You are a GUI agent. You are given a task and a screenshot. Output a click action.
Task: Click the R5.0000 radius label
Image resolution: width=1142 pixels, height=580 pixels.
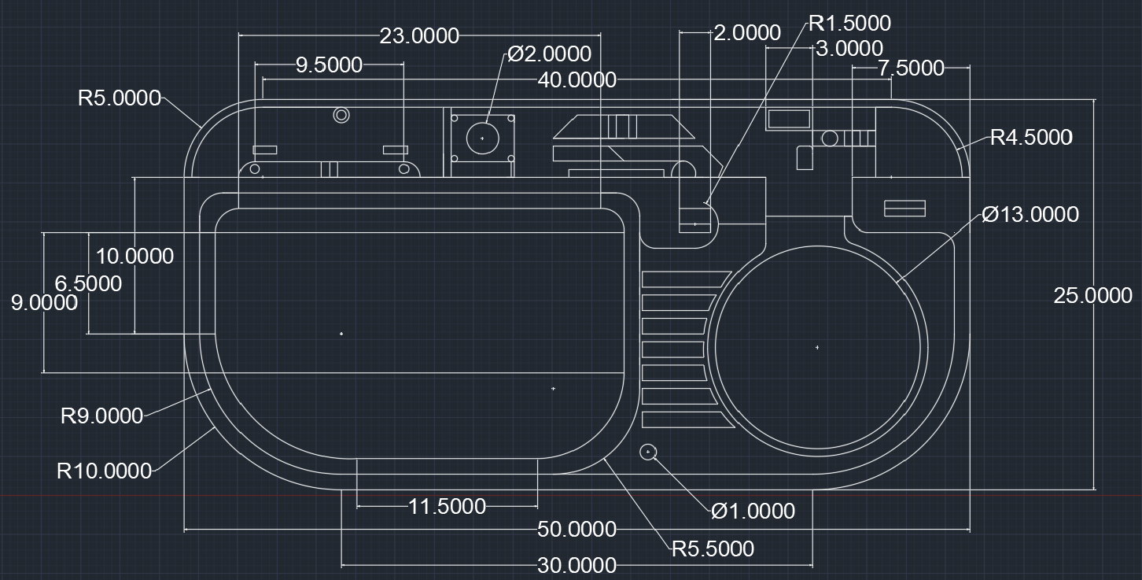pyautogui.click(x=119, y=98)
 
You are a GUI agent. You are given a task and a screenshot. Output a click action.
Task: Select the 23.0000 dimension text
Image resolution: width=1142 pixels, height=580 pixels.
pyautogui.click(x=418, y=35)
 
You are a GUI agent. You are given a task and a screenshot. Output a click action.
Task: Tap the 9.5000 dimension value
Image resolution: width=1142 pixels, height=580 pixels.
pyautogui.click(x=329, y=65)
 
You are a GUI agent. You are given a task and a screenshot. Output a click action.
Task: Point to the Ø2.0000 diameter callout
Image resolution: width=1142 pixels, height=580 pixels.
pyautogui.click(x=549, y=54)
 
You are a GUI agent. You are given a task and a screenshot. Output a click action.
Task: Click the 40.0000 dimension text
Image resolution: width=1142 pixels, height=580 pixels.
pyautogui.click(x=577, y=79)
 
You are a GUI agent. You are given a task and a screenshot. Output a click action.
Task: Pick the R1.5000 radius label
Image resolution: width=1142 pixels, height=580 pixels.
pyautogui.click(x=849, y=24)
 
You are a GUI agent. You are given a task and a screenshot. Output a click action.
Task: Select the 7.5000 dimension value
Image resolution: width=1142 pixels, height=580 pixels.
pyautogui.click(x=911, y=68)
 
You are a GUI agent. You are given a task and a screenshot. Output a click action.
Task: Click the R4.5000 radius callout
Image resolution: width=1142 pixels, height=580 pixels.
pyautogui.click(x=1030, y=138)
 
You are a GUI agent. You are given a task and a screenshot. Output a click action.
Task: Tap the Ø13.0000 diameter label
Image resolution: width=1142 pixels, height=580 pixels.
pyautogui.click(x=1030, y=214)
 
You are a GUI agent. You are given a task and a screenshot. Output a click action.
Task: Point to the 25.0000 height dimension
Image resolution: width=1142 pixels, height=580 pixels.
pyautogui.click(x=1092, y=295)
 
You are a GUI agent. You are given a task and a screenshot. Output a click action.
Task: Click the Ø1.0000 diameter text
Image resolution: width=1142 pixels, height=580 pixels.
pyautogui.click(x=753, y=512)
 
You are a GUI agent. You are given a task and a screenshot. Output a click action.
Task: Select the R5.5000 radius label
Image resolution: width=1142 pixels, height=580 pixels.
pyautogui.click(x=712, y=549)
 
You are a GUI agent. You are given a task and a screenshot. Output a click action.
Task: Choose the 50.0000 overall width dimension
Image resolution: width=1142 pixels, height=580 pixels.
pyautogui.click(x=577, y=530)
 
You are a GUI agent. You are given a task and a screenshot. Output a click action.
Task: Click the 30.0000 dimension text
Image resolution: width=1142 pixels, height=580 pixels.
pyautogui.click(x=577, y=565)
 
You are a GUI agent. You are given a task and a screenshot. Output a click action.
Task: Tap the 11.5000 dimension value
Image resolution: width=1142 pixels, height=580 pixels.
pyautogui.click(x=447, y=506)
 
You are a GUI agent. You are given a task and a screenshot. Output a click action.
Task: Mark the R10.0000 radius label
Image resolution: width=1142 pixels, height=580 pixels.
pyautogui.click(x=104, y=471)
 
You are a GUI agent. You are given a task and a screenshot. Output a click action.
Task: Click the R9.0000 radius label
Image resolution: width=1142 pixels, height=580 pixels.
pyautogui.click(x=101, y=416)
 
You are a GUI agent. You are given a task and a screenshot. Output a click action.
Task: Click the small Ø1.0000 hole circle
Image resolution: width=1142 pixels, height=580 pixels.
pyautogui.click(x=648, y=452)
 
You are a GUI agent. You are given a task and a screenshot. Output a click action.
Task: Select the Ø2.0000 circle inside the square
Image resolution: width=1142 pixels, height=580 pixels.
pyautogui.click(x=482, y=139)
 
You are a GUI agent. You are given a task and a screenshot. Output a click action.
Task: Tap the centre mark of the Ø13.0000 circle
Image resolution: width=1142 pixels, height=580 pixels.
pyautogui.click(x=817, y=347)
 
